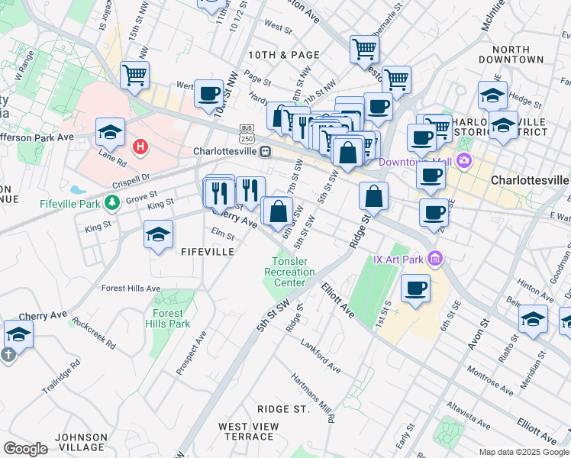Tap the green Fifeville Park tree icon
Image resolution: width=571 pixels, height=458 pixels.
[112, 202]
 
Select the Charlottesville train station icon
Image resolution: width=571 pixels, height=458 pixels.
[265, 151]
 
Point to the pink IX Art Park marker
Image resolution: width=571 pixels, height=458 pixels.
[435, 259]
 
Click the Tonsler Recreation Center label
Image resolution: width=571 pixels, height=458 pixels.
[289, 273]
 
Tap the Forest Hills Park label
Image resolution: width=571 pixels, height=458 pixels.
[167, 318]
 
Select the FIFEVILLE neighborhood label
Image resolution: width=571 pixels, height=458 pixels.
[207, 250]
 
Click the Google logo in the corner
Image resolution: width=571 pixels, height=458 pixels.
[25, 448]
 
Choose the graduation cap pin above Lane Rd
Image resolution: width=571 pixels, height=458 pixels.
[110, 132]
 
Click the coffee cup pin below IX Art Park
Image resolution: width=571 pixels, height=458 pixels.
[415, 288]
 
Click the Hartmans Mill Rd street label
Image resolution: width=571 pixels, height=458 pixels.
[312, 398]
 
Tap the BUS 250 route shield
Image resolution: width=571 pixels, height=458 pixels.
[246, 133]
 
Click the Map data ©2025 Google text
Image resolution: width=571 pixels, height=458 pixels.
[524, 452]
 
